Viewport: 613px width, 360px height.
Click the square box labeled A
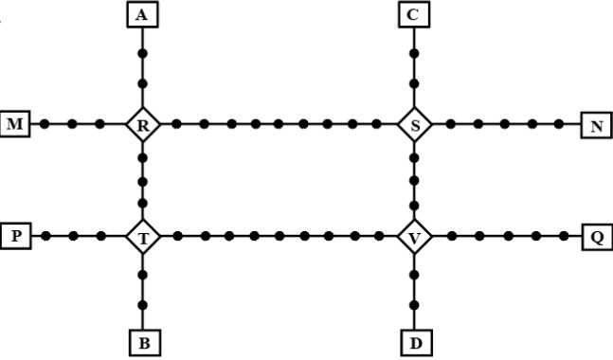(143, 14)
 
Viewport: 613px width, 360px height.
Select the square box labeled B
(144, 343)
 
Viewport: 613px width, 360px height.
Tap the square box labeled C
(414, 14)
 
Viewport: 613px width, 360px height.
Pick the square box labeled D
(416, 343)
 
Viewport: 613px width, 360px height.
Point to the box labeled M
(15, 124)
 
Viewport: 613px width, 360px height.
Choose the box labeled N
(597, 125)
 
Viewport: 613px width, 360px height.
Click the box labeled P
(16, 236)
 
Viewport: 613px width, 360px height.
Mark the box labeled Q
(597, 237)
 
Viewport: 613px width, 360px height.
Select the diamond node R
(143, 125)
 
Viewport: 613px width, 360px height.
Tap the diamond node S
(414, 125)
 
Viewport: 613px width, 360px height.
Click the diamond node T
(143, 237)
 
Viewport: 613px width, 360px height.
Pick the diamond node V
(414, 237)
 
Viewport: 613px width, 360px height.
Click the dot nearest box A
(143, 53)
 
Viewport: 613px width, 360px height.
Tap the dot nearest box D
(414, 305)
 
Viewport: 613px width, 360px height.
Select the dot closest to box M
(45, 124)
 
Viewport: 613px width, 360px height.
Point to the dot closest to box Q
(564, 236)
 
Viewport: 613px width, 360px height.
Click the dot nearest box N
(559, 124)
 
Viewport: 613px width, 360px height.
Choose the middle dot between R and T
(143, 182)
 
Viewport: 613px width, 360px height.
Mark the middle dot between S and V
(414, 181)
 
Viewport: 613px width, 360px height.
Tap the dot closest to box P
(45, 236)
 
